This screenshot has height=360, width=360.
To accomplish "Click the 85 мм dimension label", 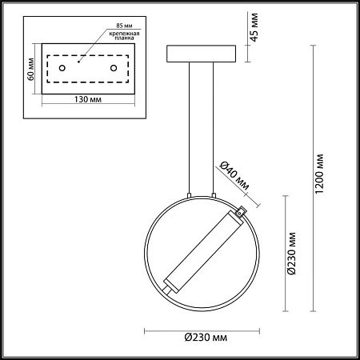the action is pos(124,26).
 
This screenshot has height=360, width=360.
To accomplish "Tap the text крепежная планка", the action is pos(124,35).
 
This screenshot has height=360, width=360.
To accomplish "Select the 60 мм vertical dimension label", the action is pos(31,69).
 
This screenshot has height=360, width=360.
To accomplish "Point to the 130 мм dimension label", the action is pos(88,99).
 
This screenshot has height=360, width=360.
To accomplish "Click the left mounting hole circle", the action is pos(62,68).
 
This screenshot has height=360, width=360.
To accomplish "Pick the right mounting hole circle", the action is pos(114,68).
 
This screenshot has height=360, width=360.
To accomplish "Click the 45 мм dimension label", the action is pos(254,27).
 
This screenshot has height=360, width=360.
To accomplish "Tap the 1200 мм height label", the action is pos(319,174).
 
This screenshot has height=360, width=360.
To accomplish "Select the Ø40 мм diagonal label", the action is pos(234,175).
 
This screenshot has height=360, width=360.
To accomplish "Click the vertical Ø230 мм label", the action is pos(292,254).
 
